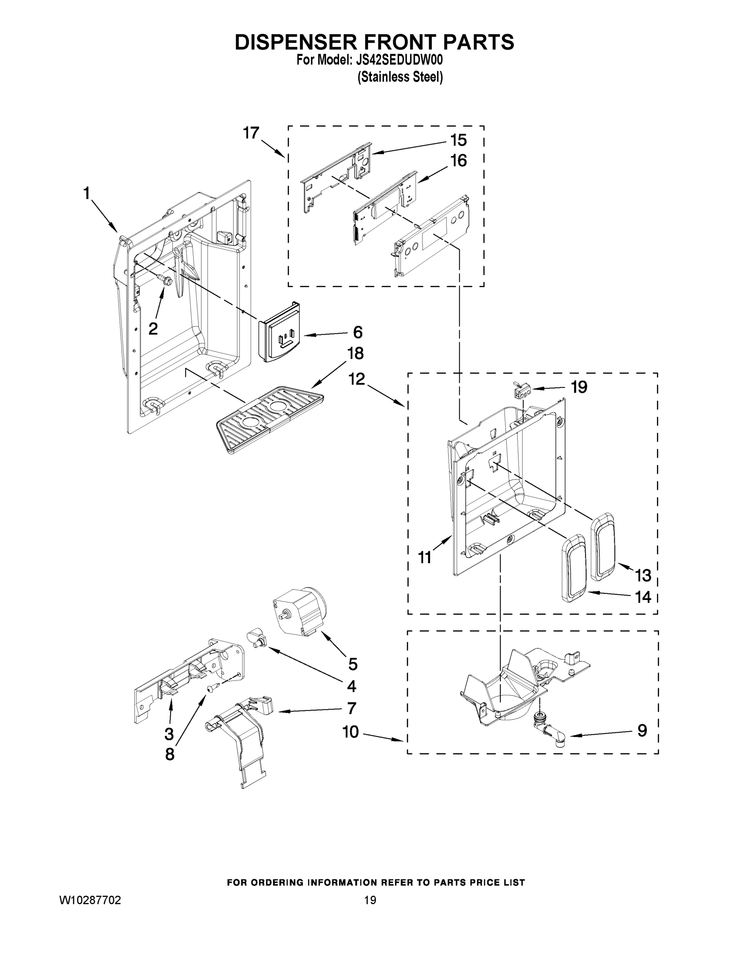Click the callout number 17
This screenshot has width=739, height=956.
click(251, 133)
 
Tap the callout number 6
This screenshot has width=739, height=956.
click(358, 332)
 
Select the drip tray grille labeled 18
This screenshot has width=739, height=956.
click(270, 419)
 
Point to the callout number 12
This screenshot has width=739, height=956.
click(357, 379)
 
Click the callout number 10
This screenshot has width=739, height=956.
click(351, 731)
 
